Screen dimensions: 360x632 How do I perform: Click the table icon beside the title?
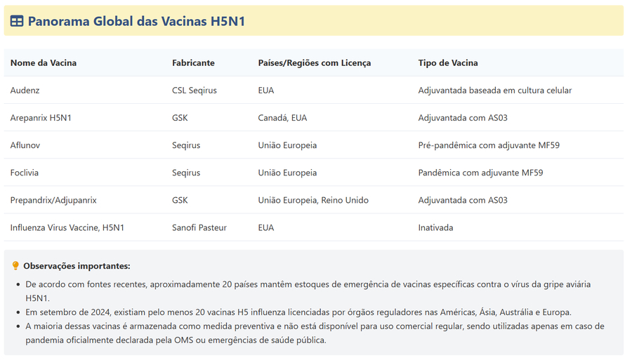17,22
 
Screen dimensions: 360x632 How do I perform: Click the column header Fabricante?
193,63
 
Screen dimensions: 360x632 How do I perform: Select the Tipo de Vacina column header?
448,63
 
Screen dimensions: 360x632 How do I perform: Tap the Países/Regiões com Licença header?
314,63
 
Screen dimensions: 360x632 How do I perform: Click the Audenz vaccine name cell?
25,91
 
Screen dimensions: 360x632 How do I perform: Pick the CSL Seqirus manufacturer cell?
195,91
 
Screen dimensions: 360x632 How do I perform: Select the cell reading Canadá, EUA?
282,118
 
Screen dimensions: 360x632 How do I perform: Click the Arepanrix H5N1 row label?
41,118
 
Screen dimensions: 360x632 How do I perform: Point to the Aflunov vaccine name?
27,145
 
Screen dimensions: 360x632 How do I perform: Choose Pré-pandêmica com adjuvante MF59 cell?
489,145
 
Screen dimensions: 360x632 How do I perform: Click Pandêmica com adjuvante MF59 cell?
480,173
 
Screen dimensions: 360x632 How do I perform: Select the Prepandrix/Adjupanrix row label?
53,200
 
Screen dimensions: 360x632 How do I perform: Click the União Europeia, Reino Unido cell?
313,200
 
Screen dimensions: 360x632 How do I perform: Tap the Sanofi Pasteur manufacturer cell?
199,227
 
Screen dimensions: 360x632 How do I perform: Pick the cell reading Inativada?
435,227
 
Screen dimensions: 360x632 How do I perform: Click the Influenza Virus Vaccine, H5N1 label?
67,227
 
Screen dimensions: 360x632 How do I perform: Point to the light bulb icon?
16,266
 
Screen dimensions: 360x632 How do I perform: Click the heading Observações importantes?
77,266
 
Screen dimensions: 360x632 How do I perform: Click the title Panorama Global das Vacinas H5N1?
136,22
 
